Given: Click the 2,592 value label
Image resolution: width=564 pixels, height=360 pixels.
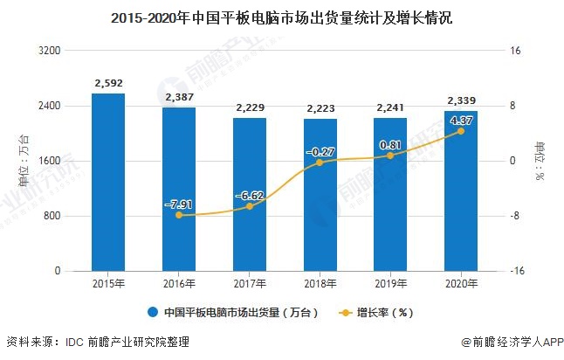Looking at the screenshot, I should click(x=108, y=84).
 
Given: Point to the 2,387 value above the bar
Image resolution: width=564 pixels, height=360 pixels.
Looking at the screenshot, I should click(x=179, y=98).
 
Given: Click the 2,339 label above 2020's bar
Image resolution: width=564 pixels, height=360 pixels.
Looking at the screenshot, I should click(x=461, y=100).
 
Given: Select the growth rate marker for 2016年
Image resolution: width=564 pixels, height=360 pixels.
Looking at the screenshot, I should click(x=179, y=215).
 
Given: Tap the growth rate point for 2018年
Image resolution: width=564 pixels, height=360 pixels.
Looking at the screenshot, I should click(x=320, y=163).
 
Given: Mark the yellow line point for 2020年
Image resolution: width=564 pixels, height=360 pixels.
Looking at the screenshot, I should click(x=461, y=131).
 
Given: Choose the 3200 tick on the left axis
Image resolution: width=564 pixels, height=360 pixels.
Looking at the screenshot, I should click(x=51, y=51).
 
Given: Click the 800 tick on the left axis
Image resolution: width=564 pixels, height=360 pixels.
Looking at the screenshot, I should click(x=53, y=216).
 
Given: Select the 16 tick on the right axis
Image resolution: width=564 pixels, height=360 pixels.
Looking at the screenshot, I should click(x=515, y=51).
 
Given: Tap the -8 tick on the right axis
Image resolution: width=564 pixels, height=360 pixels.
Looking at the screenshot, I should click(x=515, y=216).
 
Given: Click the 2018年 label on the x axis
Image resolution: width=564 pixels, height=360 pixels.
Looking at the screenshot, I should click(x=320, y=284).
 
